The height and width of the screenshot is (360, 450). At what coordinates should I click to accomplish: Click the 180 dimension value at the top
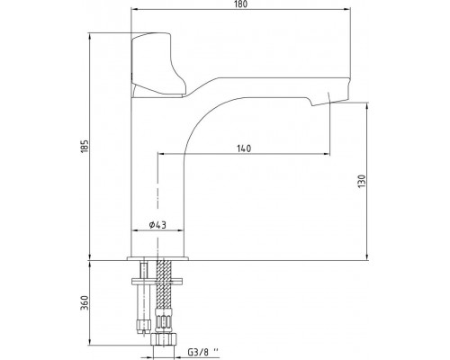[x=241, y=4]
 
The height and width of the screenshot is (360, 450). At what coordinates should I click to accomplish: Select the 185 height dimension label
[x=85, y=146]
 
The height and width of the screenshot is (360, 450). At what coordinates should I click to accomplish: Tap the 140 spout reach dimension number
[x=244, y=148]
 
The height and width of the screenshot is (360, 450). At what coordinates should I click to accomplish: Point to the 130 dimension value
[x=362, y=181]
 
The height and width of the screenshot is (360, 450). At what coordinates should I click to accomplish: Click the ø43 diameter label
[x=157, y=225]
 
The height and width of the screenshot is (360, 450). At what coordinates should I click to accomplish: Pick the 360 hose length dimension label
[x=85, y=303]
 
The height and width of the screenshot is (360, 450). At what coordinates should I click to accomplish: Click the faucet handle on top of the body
[x=157, y=65]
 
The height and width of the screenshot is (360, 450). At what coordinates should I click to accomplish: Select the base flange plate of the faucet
[x=157, y=258]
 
